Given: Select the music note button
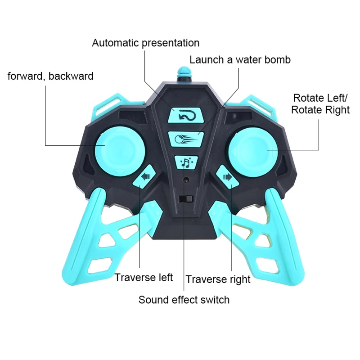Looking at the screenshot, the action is pyautogui.click(x=185, y=162).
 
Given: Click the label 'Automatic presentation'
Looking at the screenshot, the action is pyautogui.click(x=145, y=43).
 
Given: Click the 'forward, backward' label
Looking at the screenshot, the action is pyautogui.click(x=50, y=76).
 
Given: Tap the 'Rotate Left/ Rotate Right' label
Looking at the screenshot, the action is pyautogui.click(x=320, y=104).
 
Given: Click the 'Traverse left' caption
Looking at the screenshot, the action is pyautogui.click(x=144, y=277).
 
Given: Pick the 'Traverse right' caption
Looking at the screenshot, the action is pyautogui.click(x=218, y=279).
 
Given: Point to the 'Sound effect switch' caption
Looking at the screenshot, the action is pyautogui.click(x=184, y=300).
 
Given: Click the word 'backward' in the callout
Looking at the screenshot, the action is pyautogui.click(x=71, y=76).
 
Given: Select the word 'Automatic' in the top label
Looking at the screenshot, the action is pyautogui.click(x=116, y=43).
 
